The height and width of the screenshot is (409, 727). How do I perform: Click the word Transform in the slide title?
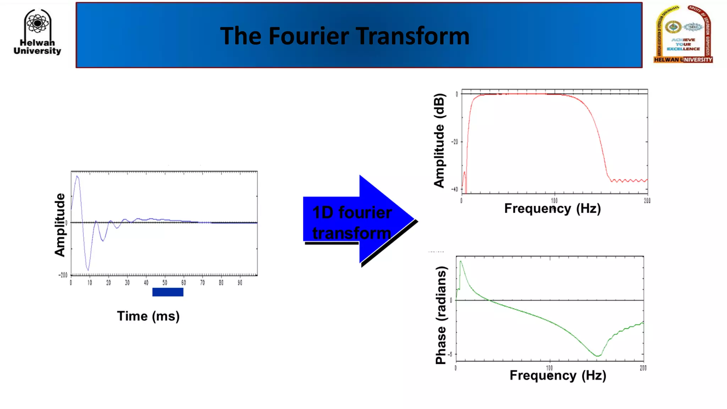pyautogui.click(x=412, y=36)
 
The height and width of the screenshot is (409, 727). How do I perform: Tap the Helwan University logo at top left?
pyautogui.click(x=37, y=32)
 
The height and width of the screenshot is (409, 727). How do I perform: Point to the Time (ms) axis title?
pyautogui.click(x=148, y=316)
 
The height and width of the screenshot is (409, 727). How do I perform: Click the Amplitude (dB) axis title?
pyautogui.click(x=439, y=140)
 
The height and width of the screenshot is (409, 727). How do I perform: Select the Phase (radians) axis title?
pyautogui.click(x=441, y=315)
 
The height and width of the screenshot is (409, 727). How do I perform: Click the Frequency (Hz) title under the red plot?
pyautogui.click(x=552, y=208)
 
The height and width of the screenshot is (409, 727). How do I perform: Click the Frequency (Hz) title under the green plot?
pyautogui.click(x=558, y=375)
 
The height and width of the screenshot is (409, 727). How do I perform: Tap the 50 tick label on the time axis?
pyautogui.click(x=165, y=283)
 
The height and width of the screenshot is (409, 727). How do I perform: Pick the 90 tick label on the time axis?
pyautogui.click(x=240, y=283)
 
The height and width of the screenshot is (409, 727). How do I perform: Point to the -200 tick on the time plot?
pyautogui.click(x=63, y=275)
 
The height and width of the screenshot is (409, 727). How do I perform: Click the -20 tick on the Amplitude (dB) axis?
pyautogui.click(x=455, y=142)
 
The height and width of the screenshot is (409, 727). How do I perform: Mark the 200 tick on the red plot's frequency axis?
pyautogui.click(x=647, y=201)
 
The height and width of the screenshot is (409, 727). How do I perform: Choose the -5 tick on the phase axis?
pyautogui.click(x=450, y=354)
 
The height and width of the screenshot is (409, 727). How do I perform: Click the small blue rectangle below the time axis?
pyautogui.click(x=168, y=292)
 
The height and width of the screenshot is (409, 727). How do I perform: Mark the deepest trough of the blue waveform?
pyautogui.click(x=88, y=270)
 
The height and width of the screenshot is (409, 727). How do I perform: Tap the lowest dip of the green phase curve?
pyautogui.click(x=598, y=355)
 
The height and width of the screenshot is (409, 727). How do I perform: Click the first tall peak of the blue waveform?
pyautogui.click(x=77, y=176)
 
